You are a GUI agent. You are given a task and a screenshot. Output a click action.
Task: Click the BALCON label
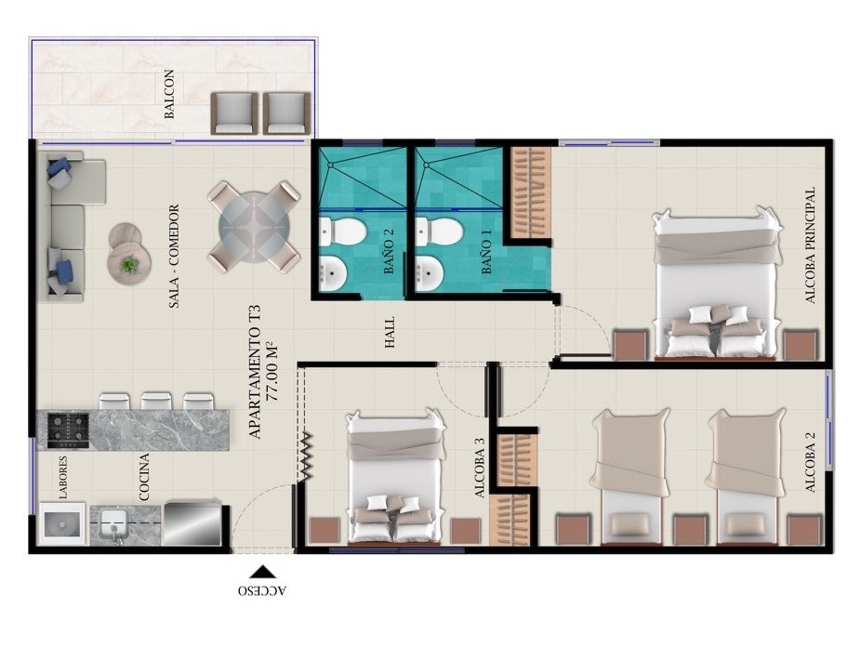coord(169,94)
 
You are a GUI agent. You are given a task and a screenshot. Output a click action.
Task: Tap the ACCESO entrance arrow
coord(262,573)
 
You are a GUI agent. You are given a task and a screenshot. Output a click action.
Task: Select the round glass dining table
coord(253,227)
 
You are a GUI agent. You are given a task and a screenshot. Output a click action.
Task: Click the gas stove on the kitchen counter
coord(68,430)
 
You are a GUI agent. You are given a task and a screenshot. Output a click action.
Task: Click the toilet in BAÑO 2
coord(342,231)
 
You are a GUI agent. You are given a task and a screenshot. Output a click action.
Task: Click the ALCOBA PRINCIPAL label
coord(809,245)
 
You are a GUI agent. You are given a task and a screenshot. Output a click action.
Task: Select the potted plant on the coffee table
coord(128,265)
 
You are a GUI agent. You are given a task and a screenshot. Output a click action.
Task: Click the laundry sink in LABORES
coord(61,523)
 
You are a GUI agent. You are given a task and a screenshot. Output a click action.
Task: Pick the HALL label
coord(390,332)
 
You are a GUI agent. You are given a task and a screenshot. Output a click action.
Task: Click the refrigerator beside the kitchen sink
coord(192,522)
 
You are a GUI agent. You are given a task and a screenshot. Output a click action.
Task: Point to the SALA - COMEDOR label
coord(174,256)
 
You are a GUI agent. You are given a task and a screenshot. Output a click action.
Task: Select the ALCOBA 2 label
coord(809,461)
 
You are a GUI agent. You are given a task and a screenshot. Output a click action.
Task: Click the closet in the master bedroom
coord(531,192)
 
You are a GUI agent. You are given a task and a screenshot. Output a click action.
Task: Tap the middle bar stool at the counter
coord(156,402)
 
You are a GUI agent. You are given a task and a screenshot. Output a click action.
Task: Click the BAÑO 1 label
coord(486,254)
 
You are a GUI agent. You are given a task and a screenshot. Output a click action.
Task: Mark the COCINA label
coord(144,476)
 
